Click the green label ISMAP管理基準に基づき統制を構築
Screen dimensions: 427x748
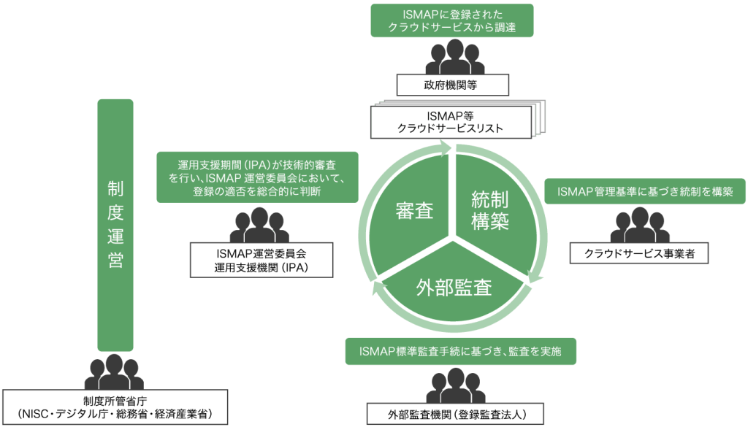645,192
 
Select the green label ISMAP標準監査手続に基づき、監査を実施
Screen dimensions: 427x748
459,352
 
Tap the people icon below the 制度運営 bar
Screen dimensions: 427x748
113,372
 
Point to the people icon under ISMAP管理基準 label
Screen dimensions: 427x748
640,226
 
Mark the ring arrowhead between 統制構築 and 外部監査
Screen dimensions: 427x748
536,277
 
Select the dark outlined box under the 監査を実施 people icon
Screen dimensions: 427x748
456,414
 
